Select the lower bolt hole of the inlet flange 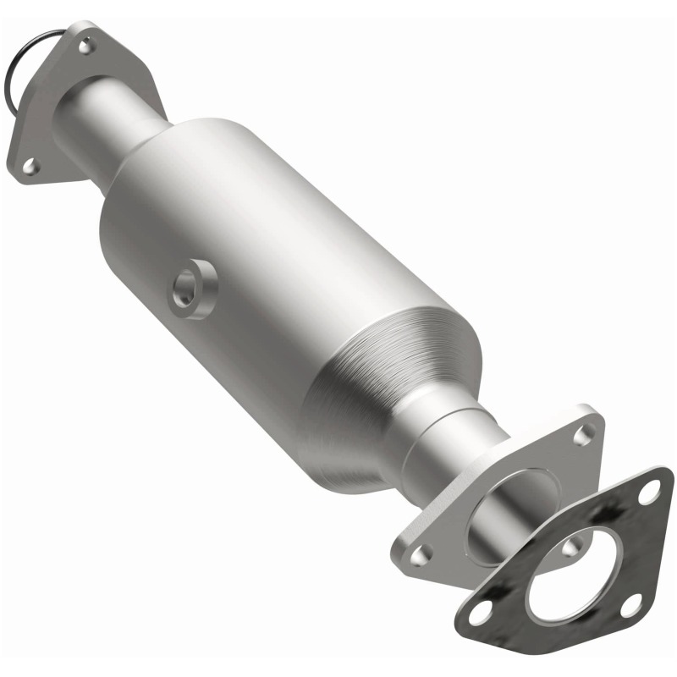[30, 167]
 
